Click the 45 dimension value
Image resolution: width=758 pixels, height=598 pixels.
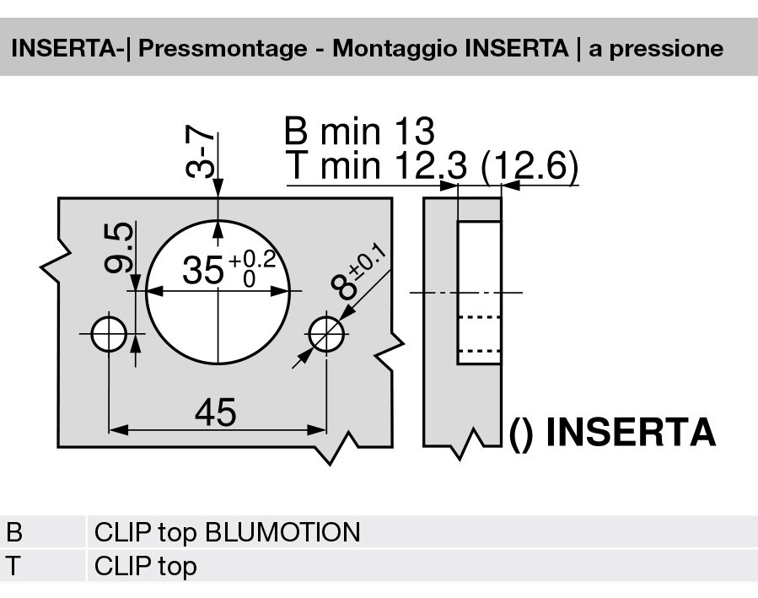point(215,412)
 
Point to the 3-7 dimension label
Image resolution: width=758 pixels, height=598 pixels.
point(200,153)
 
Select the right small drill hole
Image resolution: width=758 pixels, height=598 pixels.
point(326,334)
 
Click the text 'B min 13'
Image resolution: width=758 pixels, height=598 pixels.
point(359,132)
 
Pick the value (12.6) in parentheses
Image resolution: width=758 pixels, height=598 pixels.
point(529,167)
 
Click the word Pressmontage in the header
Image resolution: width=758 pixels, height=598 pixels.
point(222,48)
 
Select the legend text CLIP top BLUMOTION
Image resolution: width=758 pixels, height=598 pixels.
point(227,533)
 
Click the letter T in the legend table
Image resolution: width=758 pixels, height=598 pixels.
point(14,565)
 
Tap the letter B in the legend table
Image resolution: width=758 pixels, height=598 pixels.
point(14,533)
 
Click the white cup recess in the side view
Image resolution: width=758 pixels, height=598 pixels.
point(479,293)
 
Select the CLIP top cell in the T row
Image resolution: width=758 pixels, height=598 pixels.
point(145,565)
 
